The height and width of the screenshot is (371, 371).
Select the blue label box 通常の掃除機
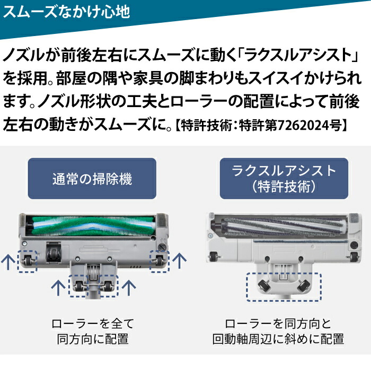pyautogui.click(x=92, y=179)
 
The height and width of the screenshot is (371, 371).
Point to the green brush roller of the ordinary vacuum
pyautogui.click(x=92, y=226)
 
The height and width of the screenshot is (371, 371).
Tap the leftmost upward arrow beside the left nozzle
pyautogui.click(x=7, y=260)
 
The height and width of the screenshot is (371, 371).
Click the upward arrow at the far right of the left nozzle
pyautogui.click(x=180, y=260)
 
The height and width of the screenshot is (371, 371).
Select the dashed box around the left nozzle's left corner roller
pyautogui.click(x=26, y=260)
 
